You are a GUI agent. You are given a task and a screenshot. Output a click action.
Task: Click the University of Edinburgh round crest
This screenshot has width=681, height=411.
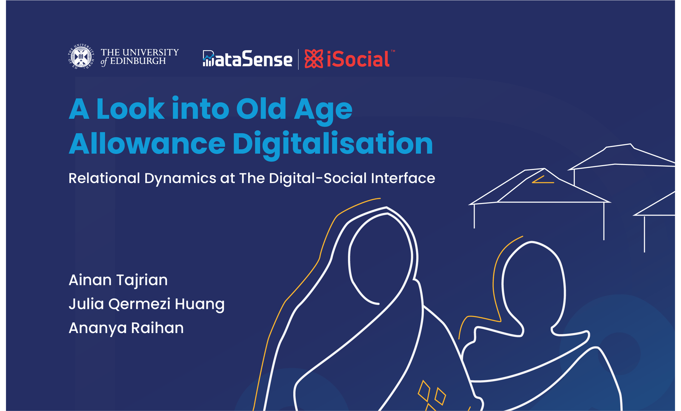pyautogui.click(x=80, y=57)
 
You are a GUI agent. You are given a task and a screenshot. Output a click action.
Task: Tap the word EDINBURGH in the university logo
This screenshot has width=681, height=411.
pyautogui.click(x=138, y=61)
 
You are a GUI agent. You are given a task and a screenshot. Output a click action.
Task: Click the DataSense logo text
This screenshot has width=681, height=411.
pyautogui.click(x=247, y=58)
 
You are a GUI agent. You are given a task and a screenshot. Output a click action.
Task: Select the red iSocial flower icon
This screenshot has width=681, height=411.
pyautogui.click(x=314, y=59)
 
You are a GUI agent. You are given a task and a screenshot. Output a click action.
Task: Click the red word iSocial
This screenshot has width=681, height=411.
pyautogui.click(x=358, y=59)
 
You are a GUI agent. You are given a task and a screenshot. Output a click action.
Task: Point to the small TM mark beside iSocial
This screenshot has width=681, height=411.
pyautogui.click(x=393, y=51)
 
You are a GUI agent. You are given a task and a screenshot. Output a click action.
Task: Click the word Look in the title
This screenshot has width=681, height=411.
pyautogui.click(x=131, y=109)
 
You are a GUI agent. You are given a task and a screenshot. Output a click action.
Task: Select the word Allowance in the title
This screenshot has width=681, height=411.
pyautogui.click(x=147, y=143)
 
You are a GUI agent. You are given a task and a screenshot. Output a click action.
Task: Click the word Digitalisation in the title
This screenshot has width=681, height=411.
pyautogui.click(x=333, y=145)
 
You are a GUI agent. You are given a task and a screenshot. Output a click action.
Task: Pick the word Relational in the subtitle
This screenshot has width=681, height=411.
pyautogui.click(x=104, y=178)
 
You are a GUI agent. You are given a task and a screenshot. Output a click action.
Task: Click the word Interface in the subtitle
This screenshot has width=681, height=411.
pyautogui.click(x=403, y=178)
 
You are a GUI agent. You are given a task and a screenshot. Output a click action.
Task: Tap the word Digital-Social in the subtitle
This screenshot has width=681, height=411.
pyautogui.click(x=318, y=178)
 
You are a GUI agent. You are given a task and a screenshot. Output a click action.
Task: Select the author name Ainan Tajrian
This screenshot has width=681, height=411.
pyautogui.click(x=118, y=280)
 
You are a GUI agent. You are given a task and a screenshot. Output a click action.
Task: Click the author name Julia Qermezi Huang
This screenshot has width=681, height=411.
pyautogui.click(x=146, y=304)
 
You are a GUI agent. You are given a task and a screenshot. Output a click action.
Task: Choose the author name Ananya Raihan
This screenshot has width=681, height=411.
pyautogui.click(x=126, y=328)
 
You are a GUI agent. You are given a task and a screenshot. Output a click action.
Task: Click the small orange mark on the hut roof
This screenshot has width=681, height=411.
pyautogui.click(x=543, y=181)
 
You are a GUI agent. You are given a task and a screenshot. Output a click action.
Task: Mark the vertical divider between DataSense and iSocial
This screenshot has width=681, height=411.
pyautogui.click(x=298, y=59)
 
